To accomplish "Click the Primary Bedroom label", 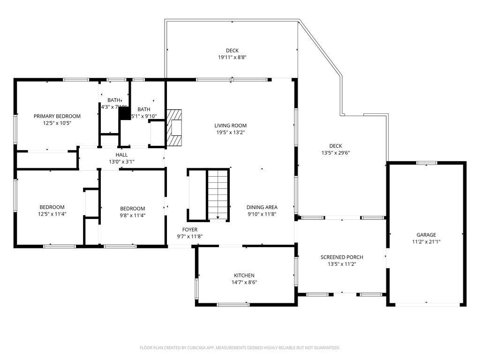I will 57,116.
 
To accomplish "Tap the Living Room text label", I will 230,126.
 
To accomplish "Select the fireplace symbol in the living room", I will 175,128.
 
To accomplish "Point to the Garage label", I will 426,235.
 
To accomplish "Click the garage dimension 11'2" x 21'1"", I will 426,242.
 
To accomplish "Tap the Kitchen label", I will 244,275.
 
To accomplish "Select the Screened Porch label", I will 342,257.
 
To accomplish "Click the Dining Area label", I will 262,207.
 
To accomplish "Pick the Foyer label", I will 190,230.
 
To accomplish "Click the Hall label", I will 121,155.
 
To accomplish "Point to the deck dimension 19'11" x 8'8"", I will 232,58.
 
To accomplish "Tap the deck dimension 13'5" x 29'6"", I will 335,153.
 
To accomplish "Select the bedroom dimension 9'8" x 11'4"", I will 132,216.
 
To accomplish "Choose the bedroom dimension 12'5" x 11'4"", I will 52,214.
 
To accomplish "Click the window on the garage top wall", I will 426,163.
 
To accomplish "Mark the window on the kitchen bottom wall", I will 233,305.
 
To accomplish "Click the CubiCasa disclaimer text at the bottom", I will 240,348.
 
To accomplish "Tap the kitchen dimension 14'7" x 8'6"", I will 244,282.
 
